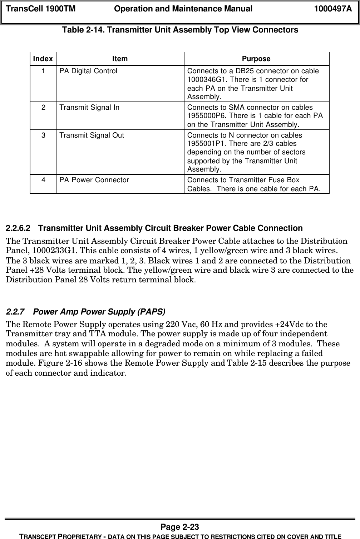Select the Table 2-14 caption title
(180, 30)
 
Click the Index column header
(43, 59)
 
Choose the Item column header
(120, 59)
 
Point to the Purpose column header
(256, 59)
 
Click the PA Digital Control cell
(88, 71)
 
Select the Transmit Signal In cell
(89, 108)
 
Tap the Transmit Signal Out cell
(92, 135)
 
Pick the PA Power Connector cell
(94, 180)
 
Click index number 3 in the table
(43, 135)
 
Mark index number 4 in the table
(43, 180)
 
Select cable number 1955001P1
(205, 143)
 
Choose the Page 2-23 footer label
(180, 527)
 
